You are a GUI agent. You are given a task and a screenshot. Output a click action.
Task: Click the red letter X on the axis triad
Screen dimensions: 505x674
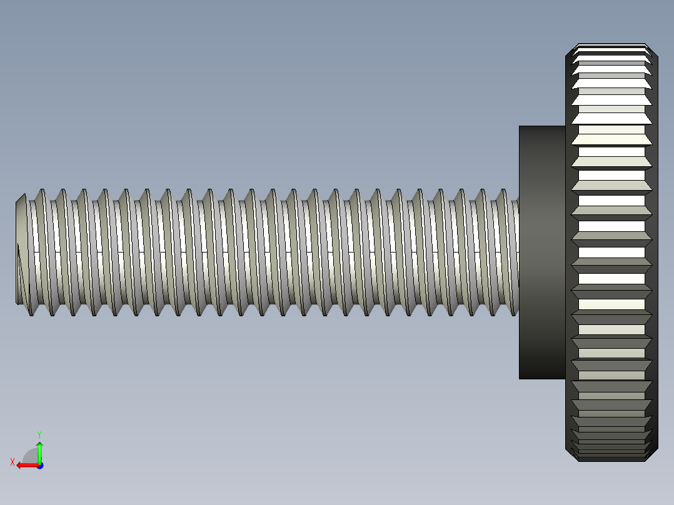point(13,462)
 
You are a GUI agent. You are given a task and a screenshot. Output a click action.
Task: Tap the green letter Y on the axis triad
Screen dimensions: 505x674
point(39,434)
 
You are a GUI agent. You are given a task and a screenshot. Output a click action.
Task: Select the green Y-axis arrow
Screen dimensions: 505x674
point(39,451)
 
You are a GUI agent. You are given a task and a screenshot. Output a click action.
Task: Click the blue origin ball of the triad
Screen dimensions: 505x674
point(39,465)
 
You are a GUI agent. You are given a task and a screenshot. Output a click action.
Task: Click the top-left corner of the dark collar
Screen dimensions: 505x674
point(520,127)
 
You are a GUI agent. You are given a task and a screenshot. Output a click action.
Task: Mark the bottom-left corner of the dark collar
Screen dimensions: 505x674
point(520,378)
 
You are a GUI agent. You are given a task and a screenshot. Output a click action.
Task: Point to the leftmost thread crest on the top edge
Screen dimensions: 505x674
point(41,191)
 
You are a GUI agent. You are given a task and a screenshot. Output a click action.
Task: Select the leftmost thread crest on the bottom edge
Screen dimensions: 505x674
point(31,314)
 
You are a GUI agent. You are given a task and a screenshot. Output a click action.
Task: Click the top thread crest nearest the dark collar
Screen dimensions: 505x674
point(503,191)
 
